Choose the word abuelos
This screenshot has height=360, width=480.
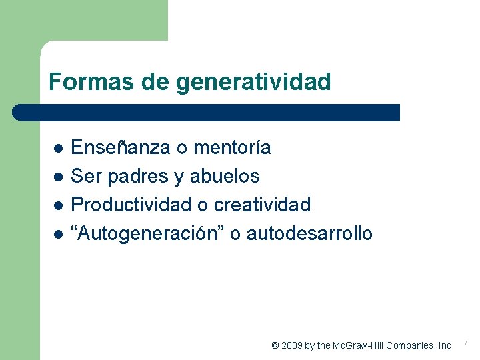click(225, 177)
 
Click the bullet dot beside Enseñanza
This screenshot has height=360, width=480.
click(58, 147)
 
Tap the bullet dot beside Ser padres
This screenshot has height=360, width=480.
click(58, 177)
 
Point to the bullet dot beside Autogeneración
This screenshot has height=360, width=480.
click(58, 234)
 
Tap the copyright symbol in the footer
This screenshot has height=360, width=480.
click(275, 345)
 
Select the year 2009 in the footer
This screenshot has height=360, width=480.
click(291, 345)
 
